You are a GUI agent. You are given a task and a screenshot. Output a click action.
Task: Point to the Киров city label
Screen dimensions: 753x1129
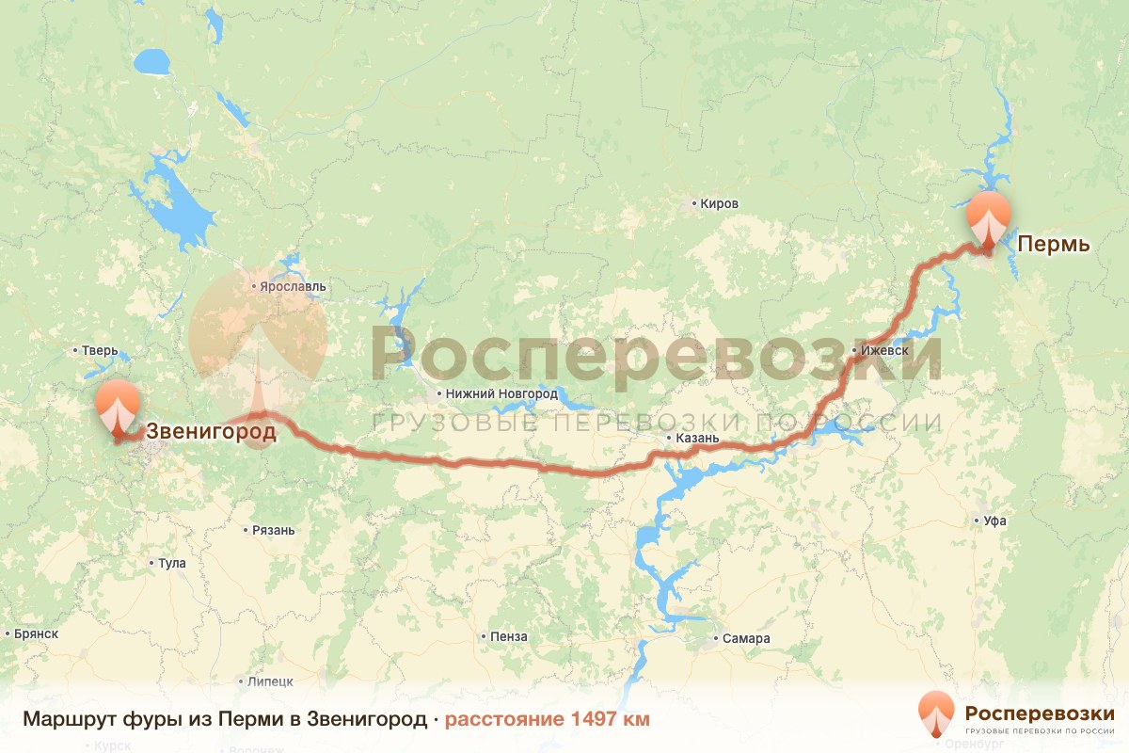[x=719, y=203]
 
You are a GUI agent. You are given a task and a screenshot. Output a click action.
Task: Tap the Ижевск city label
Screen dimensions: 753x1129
[x=883, y=351]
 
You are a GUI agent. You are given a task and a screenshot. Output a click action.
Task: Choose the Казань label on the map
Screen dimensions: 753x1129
[x=697, y=439]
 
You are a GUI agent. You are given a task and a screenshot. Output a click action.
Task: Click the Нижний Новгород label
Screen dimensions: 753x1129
[x=503, y=393]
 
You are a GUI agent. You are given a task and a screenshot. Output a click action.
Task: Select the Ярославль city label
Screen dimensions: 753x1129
[x=294, y=285]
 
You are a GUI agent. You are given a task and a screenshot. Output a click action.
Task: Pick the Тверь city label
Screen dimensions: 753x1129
[x=100, y=351]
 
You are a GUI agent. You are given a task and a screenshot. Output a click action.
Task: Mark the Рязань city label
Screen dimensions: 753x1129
[x=273, y=530]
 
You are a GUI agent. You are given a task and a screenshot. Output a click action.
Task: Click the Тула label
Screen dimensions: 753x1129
[x=171, y=564]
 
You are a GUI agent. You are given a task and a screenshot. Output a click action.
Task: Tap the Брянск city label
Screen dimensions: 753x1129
[x=37, y=634]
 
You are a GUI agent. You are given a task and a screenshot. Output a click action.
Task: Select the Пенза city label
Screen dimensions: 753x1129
[x=508, y=637]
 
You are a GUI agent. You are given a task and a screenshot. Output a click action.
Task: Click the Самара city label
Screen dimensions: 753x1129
[x=746, y=639]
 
